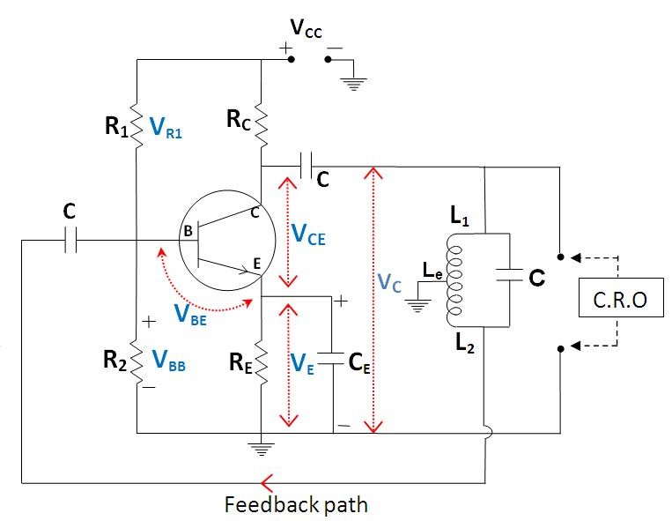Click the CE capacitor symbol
[333, 361]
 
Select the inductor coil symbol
[454, 282]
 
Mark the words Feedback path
[296, 505]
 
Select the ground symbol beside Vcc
[353, 84]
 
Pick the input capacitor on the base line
[70, 240]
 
